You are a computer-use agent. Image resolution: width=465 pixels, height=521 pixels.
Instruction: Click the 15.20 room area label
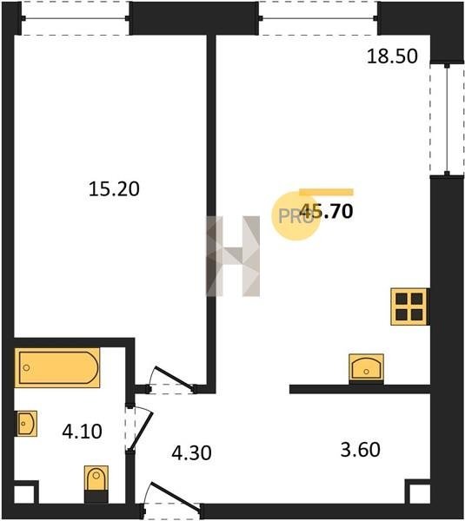point(114,189)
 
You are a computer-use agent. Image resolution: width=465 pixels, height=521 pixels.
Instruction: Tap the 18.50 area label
point(392,56)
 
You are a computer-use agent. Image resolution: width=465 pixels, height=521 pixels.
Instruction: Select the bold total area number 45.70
point(326,211)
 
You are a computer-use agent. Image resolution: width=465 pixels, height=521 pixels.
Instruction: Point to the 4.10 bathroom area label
point(83,432)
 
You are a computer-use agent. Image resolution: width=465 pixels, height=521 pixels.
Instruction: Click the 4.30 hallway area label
point(191,453)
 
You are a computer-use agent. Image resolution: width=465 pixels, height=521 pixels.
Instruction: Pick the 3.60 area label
point(360,450)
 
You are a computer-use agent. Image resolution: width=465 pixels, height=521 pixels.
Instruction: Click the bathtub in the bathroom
point(57,368)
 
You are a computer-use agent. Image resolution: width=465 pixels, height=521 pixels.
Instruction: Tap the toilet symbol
point(96,484)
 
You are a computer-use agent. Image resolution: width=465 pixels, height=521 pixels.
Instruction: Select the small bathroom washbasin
point(26,424)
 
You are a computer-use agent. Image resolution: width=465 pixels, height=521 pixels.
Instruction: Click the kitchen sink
point(366,369)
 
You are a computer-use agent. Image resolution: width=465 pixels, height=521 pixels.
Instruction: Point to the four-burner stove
point(409,307)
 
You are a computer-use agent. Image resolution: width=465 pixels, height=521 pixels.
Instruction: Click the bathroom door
point(139,428)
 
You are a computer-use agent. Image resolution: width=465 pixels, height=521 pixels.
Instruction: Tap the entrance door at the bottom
point(172,498)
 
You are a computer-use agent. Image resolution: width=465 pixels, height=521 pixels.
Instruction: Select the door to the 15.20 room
point(172,380)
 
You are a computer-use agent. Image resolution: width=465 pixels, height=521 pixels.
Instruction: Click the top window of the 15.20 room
point(76,18)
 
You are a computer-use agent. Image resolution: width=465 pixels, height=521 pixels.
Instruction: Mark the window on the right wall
point(447,119)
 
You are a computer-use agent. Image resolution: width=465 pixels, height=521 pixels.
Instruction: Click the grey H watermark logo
point(233,256)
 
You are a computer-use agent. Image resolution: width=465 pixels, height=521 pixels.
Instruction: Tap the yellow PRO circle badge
point(296,216)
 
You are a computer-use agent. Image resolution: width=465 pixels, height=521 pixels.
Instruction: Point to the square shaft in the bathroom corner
point(24,494)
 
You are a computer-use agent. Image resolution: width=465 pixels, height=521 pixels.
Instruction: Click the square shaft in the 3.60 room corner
point(420,494)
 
